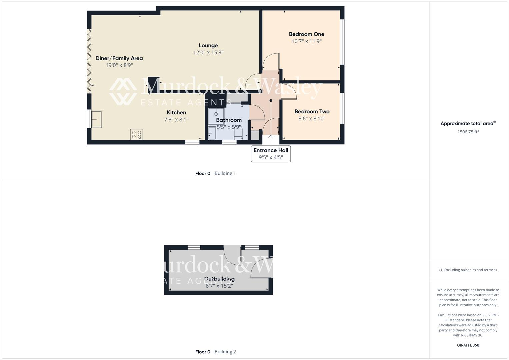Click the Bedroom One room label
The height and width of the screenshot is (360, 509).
pos(306,34)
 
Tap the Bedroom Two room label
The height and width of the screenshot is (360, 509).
pos(312,112)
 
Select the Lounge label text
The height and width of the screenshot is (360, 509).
pos(208,46)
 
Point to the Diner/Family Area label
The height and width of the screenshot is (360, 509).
pos(119,58)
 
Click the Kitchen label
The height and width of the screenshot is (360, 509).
pos(176,113)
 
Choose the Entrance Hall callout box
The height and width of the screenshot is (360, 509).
pos(271,154)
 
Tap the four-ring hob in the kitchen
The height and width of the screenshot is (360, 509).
pos(137,134)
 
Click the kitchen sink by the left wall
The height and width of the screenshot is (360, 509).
pos(97,119)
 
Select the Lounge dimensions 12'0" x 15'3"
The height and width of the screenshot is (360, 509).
pos(208,53)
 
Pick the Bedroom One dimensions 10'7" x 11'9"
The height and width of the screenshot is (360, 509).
pos(306,41)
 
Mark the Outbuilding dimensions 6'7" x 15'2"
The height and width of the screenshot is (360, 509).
pos(219,286)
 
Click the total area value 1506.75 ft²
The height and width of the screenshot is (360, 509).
pos(468,132)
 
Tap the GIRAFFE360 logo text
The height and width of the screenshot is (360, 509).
pos(468,345)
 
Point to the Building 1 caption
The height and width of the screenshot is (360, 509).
pos(225,173)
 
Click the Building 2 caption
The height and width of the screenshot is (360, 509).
pos(225,352)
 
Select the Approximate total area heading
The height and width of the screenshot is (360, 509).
pos(467,124)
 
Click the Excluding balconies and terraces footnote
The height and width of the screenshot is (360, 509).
pos(468,270)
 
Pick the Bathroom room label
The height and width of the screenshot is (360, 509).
pos(229,120)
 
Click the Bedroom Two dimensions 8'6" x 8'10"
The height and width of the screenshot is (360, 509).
pos(312,119)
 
